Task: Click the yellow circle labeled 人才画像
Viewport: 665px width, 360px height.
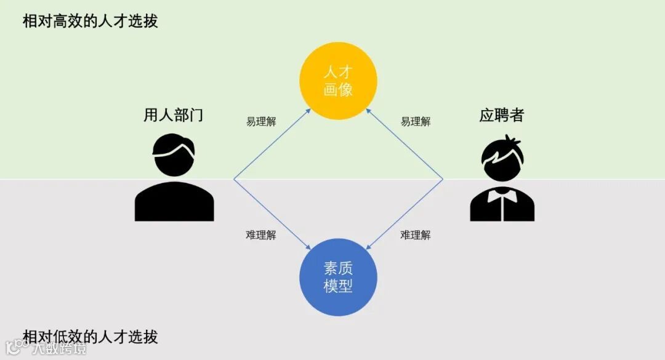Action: [x=338, y=81]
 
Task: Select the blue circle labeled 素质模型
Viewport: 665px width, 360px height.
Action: [x=338, y=277]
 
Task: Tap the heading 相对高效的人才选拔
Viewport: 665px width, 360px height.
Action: [x=91, y=21]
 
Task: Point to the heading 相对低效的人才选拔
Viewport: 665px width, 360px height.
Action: [x=91, y=337]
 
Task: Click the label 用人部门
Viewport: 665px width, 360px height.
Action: [x=173, y=115]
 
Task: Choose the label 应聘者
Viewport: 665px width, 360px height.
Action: [x=501, y=115]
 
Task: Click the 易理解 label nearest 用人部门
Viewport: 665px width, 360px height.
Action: [x=261, y=122]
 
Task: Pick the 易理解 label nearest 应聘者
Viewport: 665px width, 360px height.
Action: [x=416, y=122]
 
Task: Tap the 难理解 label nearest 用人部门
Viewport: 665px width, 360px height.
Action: [x=261, y=235]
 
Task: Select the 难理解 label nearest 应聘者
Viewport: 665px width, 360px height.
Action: [x=416, y=235]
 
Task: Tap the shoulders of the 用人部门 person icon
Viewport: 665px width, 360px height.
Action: [x=174, y=201]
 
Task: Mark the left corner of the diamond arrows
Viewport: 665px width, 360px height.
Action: [x=234, y=179]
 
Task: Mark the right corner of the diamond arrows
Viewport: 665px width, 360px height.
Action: [x=443, y=179]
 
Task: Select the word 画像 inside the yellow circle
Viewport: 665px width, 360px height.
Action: [x=338, y=89]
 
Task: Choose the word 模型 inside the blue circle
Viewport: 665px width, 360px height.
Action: [x=338, y=286]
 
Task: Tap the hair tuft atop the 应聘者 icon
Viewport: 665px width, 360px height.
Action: [x=511, y=140]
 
